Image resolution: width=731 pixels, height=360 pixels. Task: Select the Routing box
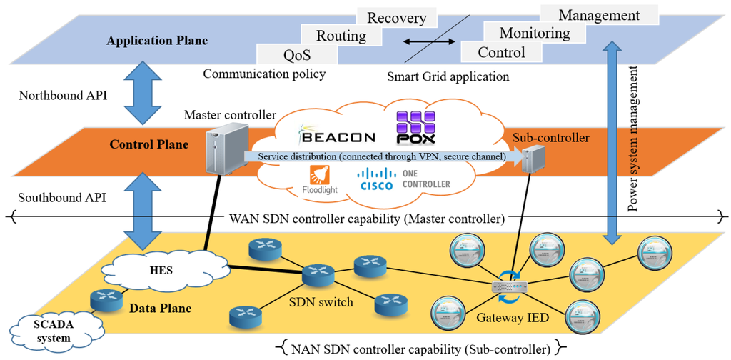coord(341,35)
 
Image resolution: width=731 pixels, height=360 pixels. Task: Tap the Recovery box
coord(396,18)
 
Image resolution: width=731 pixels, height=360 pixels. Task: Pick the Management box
coord(598,15)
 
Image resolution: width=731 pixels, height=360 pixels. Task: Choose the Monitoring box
coord(534,33)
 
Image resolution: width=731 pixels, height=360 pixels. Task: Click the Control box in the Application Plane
coord(501,52)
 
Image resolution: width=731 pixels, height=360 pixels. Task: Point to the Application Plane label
coord(157,41)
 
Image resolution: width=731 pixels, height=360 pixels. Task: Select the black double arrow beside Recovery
coord(430,42)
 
